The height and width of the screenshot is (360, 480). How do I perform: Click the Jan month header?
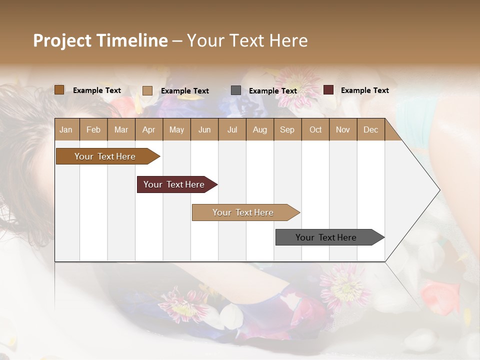[x=66, y=129]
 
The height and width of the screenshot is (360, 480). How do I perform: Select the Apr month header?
[x=148, y=129]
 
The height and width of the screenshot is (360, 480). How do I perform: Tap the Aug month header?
[x=259, y=129]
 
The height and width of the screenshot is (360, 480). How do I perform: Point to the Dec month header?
[x=370, y=129]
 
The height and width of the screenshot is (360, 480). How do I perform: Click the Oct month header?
[x=315, y=129]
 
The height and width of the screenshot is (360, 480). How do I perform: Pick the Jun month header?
[x=204, y=129]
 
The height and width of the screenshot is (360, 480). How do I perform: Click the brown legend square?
[x=59, y=90]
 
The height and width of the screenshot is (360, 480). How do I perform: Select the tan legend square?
[x=147, y=90]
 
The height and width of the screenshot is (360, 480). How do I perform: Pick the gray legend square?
[x=236, y=90]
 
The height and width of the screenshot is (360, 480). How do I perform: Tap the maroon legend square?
[x=328, y=90]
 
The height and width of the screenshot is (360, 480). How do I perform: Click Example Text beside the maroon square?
[x=364, y=90]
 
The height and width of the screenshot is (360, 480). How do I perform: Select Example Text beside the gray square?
[x=272, y=91]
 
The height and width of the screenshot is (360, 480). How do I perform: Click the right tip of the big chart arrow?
[x=438, y=190]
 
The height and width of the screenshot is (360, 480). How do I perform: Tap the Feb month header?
[x=93, y=129]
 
